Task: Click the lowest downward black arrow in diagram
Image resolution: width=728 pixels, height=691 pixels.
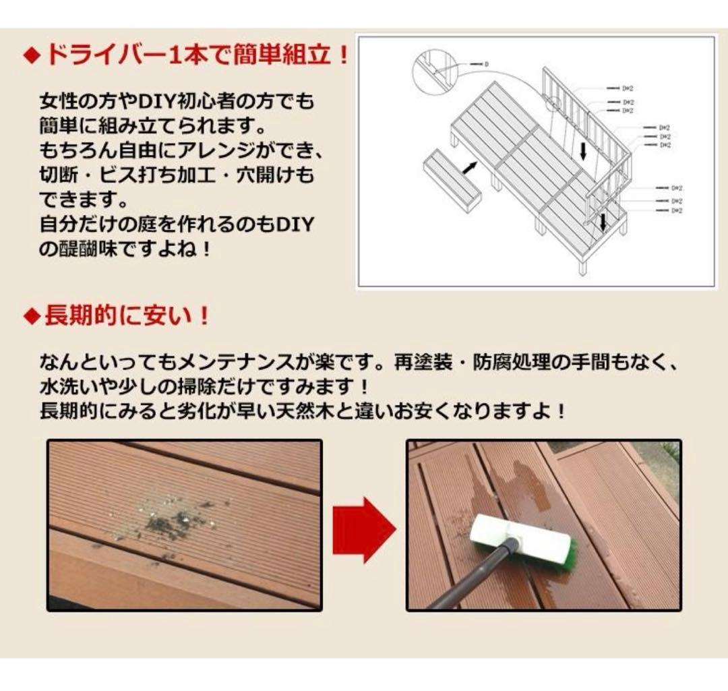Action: pyautogui.click(x=603, y=221)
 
